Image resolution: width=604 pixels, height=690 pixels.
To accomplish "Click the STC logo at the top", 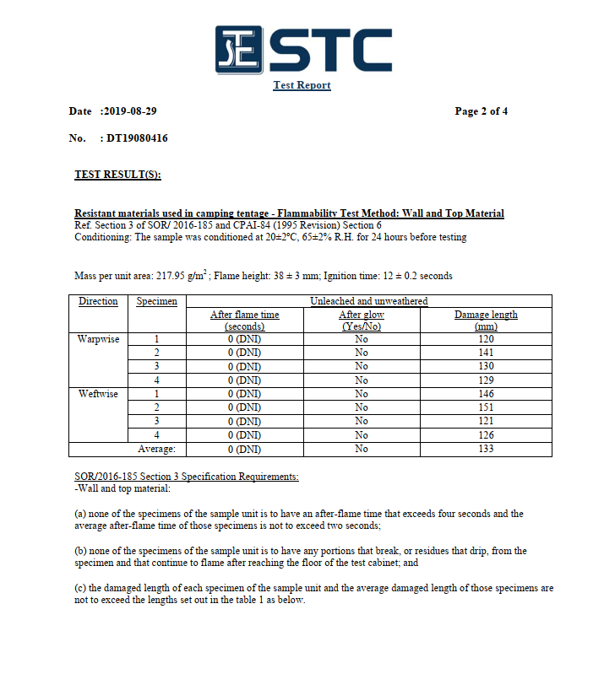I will (x=302, y=51).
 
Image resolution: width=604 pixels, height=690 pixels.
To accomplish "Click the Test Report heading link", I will (x=302, y=85).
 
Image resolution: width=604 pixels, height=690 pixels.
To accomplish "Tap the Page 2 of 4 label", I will (x=481, y=111).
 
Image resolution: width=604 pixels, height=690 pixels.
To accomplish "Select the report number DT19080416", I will (x=137, y=138).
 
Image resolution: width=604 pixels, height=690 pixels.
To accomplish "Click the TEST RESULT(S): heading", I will (x=117, y=175).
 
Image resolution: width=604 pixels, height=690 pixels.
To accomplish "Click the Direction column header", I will (x=98, y=301).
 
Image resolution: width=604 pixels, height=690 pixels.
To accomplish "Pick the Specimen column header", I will (x=157, y=301).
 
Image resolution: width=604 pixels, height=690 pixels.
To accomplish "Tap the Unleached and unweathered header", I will (x=368, y=301).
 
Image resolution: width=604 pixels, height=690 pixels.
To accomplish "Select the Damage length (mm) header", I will (x=486, y=320).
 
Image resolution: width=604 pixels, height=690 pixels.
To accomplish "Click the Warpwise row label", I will (x=98, y=339).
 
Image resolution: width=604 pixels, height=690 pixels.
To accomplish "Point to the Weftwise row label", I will (x=98, y=394).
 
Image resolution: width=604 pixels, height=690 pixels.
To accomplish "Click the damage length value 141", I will (x=486, y=353).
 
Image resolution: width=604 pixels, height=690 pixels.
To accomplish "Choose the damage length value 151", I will (x=486, y=407).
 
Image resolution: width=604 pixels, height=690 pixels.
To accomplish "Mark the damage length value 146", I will (x=486, y=394).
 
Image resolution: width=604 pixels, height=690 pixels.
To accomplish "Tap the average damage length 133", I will (x=486, y=449).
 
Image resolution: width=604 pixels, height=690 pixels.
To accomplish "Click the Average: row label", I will (x=156, y=449).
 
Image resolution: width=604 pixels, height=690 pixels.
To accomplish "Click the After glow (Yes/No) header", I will (x=361, y=320).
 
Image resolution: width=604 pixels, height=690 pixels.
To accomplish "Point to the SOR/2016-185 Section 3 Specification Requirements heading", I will (x=187, y=477).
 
